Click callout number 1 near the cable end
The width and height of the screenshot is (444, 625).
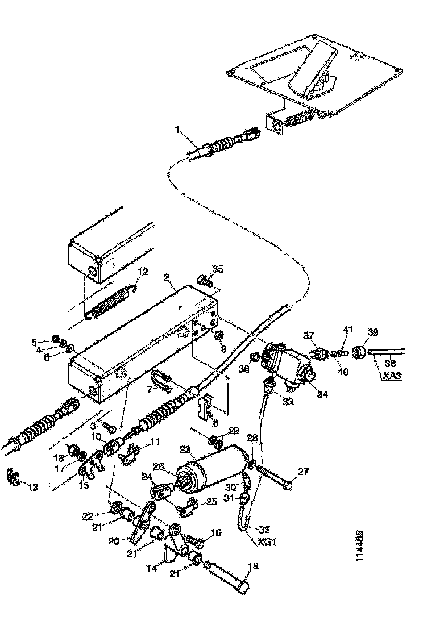(179, 131)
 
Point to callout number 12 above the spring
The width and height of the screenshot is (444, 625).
(142, 272)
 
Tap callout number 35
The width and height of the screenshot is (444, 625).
(218, 268)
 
